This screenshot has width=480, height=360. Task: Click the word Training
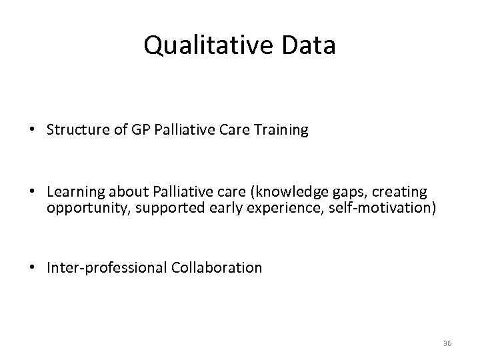click(x=283, y=130)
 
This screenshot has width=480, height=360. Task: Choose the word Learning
click(x=73, y=192)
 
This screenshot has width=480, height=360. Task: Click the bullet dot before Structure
click(x=32, y=130)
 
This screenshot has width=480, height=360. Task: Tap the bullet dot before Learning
click(x=32, y=192)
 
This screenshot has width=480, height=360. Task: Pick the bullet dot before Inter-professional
click(x=32, y=268)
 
